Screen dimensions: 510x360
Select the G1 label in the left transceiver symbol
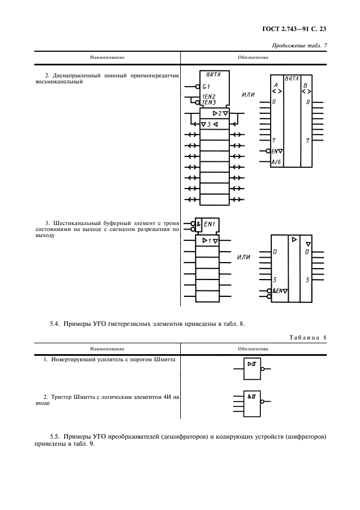pyautogui.click(x=206, y=87)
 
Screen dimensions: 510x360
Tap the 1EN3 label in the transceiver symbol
pyautogui.click(x=209, y=102)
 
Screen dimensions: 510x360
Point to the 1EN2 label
pyautogui.click(x=209, y=96)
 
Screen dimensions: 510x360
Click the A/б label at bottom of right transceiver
pyautogui.click(x=276, y=162)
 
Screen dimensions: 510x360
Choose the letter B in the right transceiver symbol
pyautogui.click(x=305, y=86)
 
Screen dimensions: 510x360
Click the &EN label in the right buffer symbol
pyautogui.click(x=279, y=292)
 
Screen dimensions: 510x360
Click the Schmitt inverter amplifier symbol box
pyautogui.click(x=252, y=368)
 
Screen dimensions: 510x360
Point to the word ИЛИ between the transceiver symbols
pyautogui.click(x=248, y=95)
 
